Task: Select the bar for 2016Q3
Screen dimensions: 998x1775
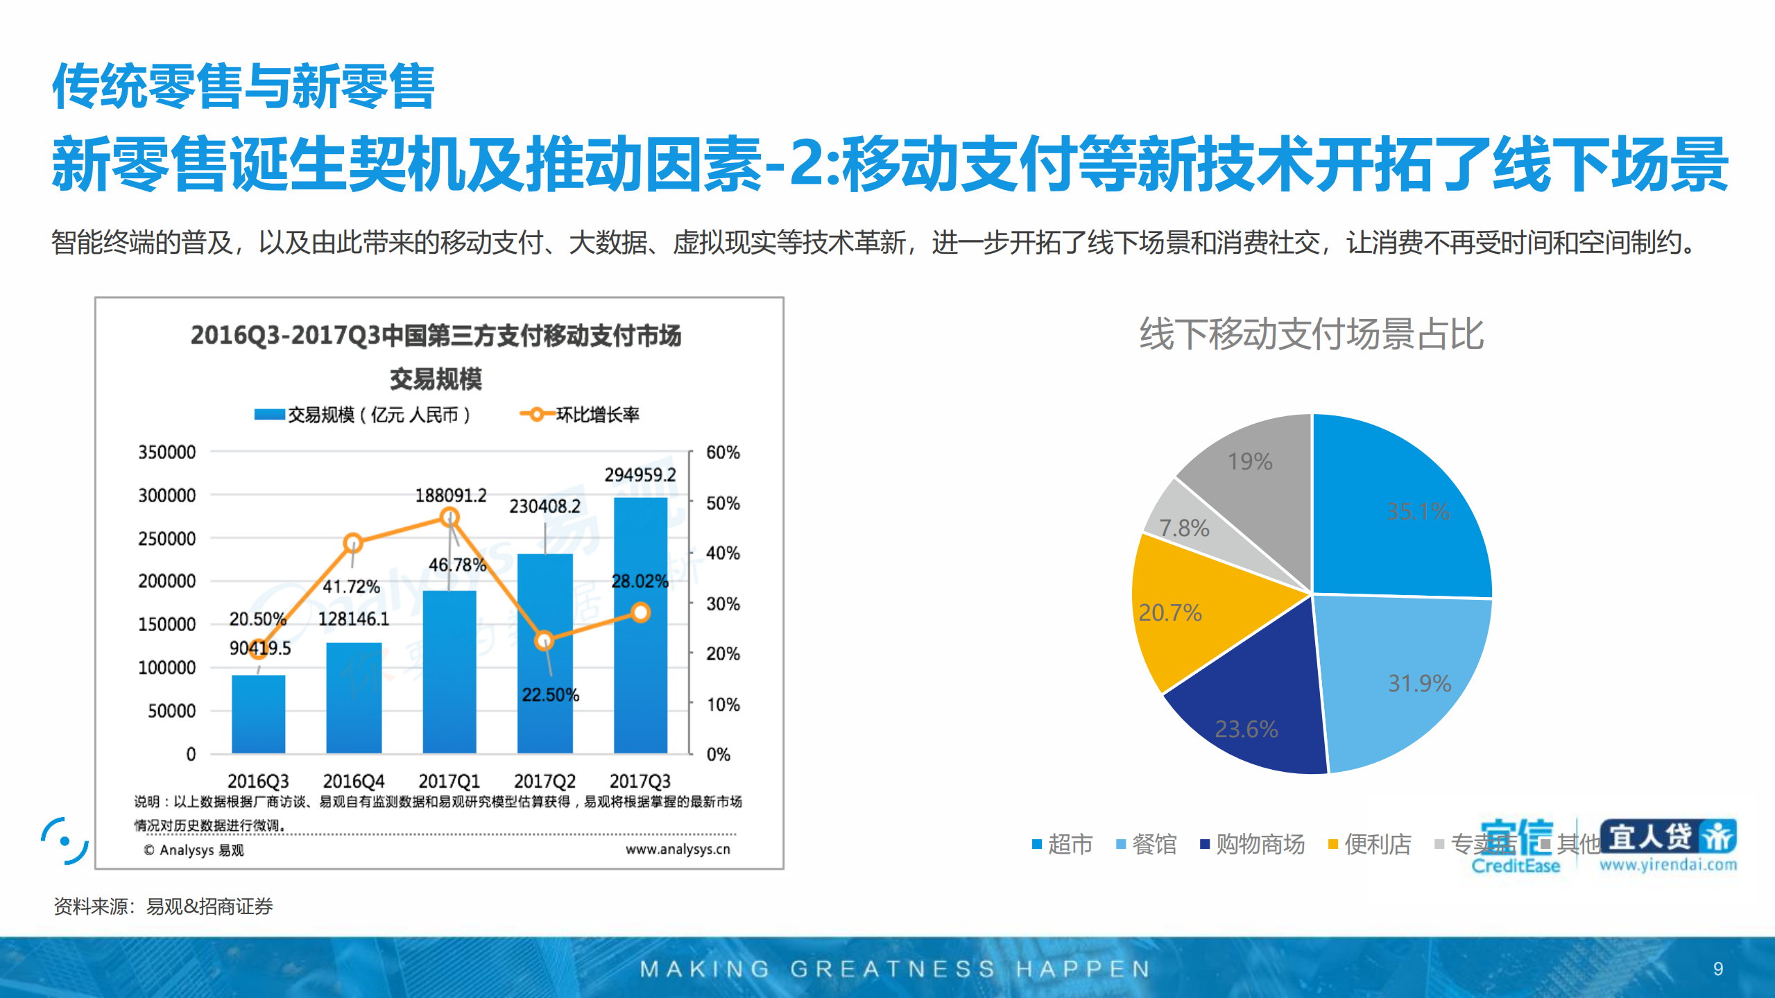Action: (x=258, y=714)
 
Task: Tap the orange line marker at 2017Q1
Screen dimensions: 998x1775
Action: (x=449, y=517)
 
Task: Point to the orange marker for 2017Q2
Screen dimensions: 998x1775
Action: (x=544, y=640)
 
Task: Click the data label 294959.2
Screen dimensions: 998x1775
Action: (x=640, y=475)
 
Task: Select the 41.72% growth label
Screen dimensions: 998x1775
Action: (x=351, y=587)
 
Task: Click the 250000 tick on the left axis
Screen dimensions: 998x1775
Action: (x=167, y=539)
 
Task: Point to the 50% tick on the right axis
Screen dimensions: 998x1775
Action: (x=723, y=504)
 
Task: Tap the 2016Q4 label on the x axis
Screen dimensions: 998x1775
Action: (x=353, y=782)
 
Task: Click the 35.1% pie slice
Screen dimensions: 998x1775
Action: (x=1401, y=513)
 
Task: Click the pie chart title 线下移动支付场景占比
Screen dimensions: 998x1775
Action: (x=1311, y=334)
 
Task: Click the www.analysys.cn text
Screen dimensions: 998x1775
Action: (x=678, y=850)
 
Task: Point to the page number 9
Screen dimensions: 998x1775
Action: (x=1717, y=968)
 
